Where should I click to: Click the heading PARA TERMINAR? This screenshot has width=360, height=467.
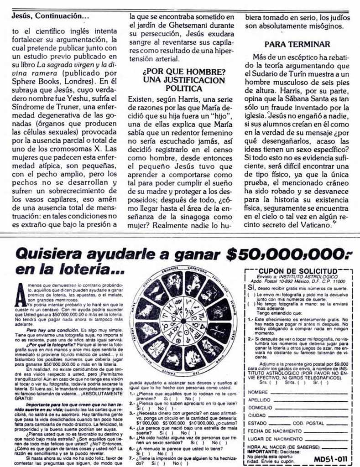[x=297, y=44]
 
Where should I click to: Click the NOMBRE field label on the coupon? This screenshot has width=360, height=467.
[x=258, y=392]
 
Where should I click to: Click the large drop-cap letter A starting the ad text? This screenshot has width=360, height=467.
[x=21, y=296]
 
